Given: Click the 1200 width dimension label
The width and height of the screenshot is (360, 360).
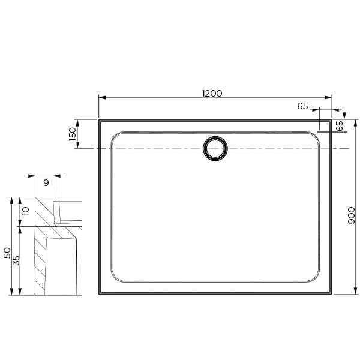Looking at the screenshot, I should tap(212, 93).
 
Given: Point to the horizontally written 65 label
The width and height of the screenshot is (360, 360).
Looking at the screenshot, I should tap(302, 106).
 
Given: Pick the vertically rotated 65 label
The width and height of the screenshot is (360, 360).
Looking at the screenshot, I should tap(340, 126).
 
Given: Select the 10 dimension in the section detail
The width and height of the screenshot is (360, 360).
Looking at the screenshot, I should tap(25, 211).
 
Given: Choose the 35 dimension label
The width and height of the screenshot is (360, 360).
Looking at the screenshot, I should tap(17, 260).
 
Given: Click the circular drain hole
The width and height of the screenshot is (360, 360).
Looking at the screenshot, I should tap(215, 148).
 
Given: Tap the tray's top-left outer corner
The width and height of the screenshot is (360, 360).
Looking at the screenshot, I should tap(100, 120).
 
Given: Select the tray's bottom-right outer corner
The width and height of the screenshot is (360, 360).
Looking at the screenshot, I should tap(331, 294).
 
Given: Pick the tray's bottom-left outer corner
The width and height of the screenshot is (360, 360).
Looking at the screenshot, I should tap(100, 294).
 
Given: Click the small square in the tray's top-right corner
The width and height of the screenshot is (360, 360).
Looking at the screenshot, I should tap(325, 125).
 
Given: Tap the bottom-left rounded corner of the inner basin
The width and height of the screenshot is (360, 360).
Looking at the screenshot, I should tap(116, 277).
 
